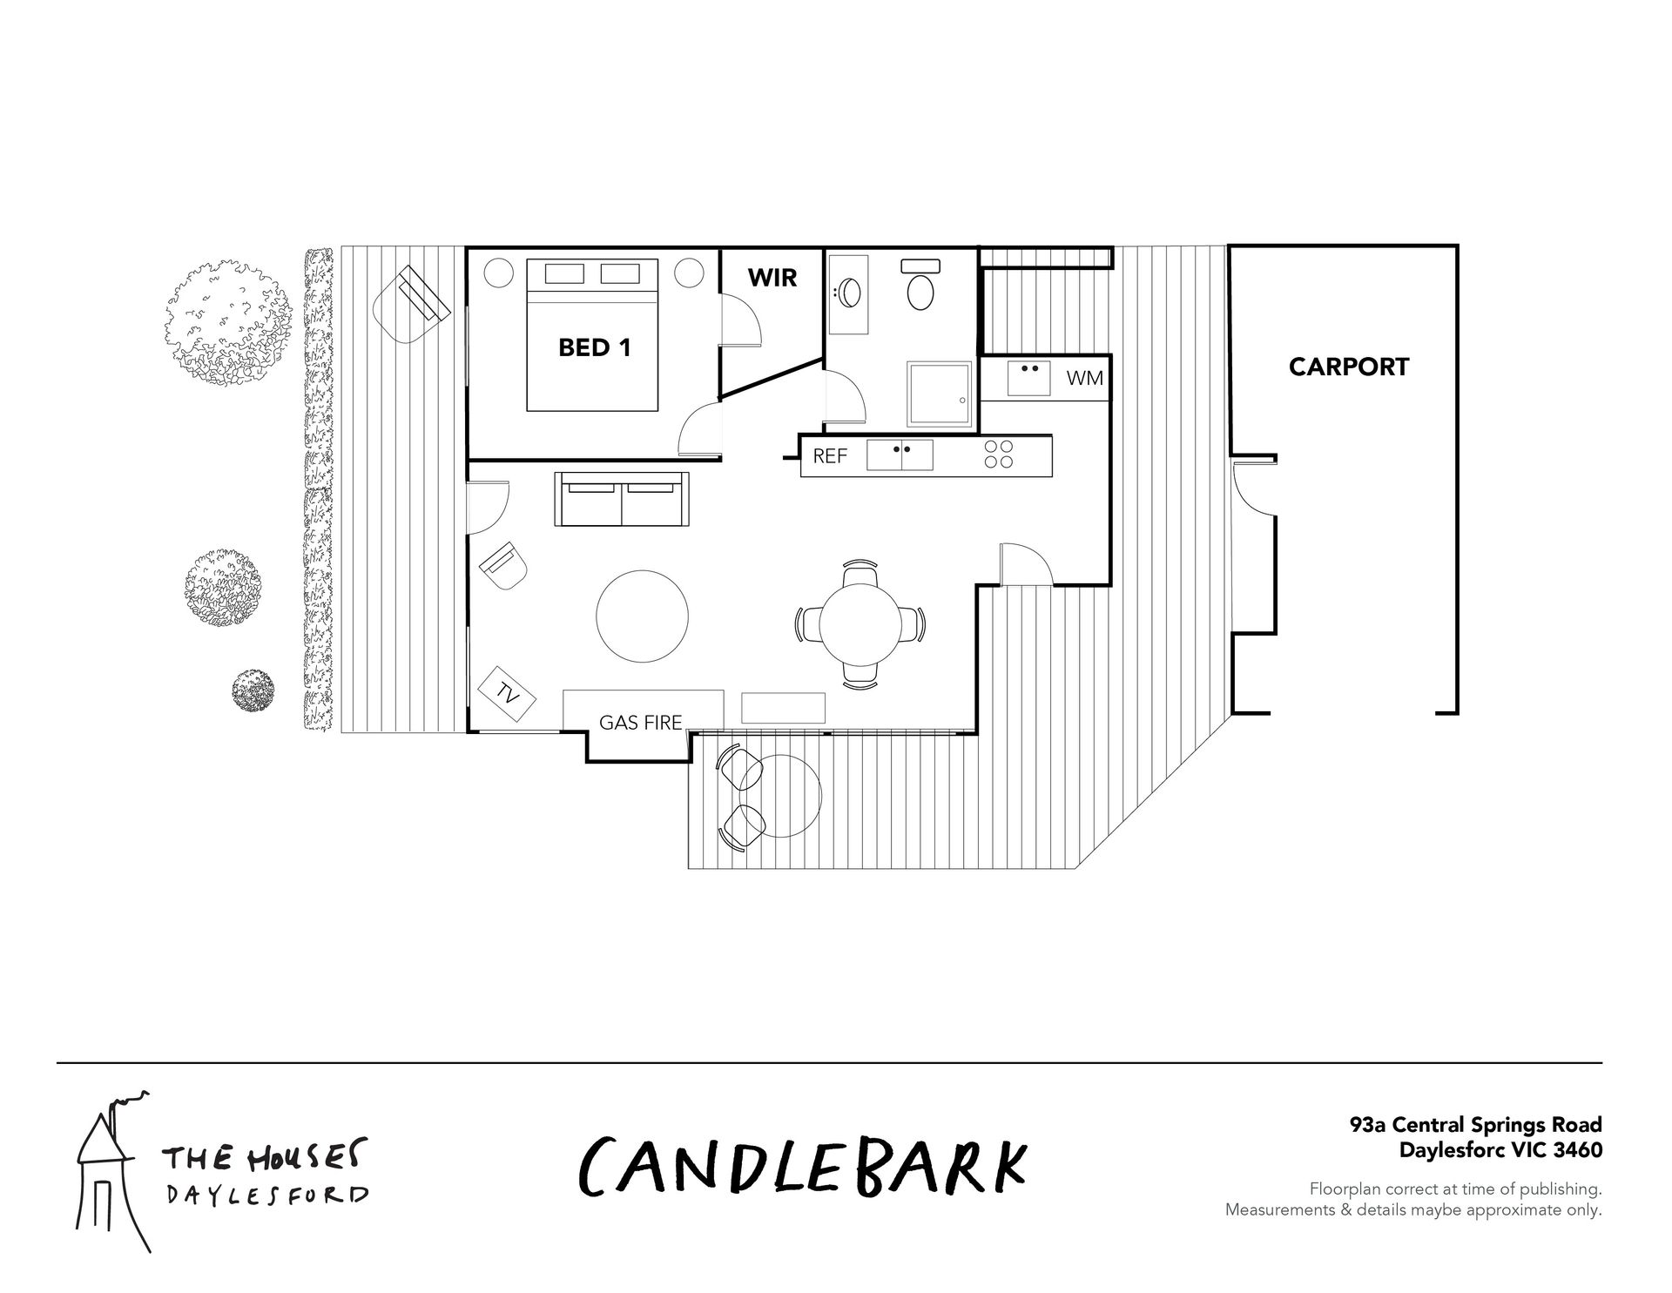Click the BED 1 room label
coord(594,348)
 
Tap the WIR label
coord(772,278)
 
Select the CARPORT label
coord(1348,367)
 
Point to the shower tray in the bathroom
coord(939,394)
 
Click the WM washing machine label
coord(1085,379)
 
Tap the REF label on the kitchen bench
coord(830,455)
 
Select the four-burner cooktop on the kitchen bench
coord(999,455)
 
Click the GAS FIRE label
coord(640,722)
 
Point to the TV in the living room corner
coord(508,692)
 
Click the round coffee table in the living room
coord(642,616)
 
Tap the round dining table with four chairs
coord(860,624)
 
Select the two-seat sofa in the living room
coord(623,499)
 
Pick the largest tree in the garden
coord(229,322)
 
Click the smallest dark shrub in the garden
coord(253,690)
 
